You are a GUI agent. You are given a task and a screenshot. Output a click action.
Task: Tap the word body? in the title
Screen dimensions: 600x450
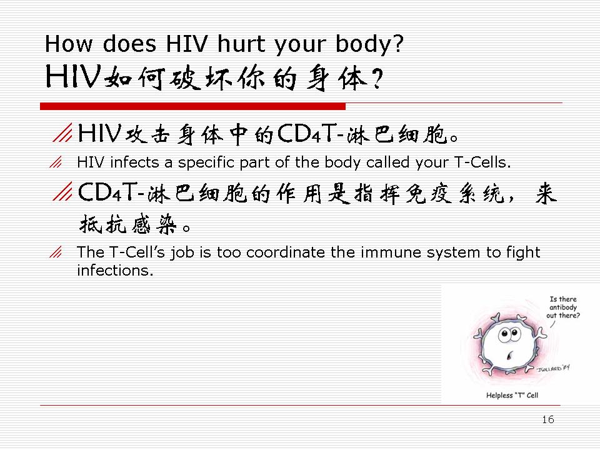coord(369,44)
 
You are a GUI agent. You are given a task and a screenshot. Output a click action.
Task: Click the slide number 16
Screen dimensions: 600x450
coord(548,419)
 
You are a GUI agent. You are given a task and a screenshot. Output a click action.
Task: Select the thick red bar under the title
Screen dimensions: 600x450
coord(193,106)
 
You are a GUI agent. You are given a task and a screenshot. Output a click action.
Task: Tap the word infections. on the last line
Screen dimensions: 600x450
coord(115,270)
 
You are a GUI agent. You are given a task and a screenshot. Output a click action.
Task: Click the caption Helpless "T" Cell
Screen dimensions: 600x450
coord(512,395)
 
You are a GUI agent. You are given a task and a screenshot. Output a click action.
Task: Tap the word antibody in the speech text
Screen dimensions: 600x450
coord(563,307)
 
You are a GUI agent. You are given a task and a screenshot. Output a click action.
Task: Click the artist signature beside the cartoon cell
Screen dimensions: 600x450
coord(553,369)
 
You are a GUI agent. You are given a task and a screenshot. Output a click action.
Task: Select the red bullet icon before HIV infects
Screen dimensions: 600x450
coord(56,162)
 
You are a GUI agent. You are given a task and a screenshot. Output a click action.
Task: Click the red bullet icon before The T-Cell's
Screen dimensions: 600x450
coord(56,252)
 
